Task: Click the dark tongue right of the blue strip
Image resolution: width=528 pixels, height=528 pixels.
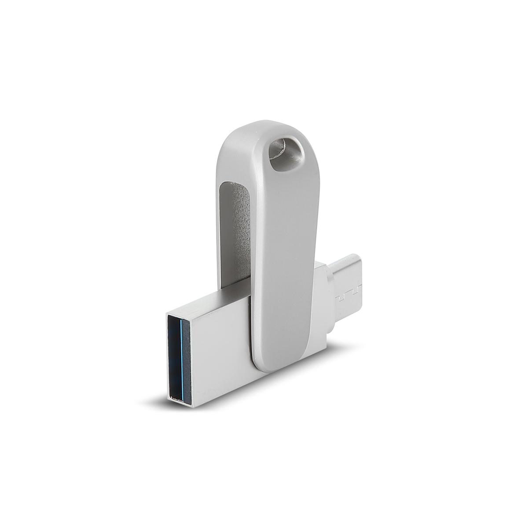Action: click(186, 356)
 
